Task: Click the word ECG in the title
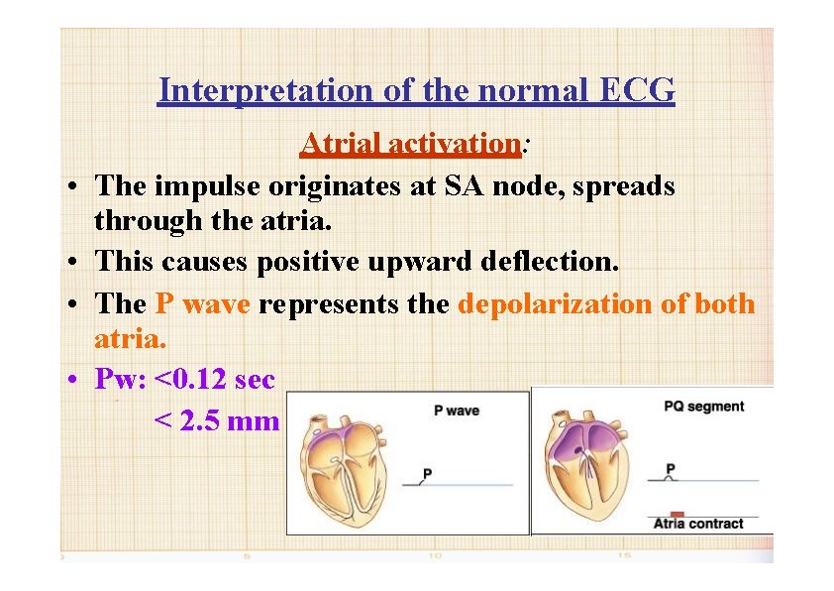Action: (638, 91)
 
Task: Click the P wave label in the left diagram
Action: (457, 411)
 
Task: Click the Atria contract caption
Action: (697, 524)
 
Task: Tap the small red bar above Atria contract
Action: (663, 513)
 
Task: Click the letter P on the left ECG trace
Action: (427, 473)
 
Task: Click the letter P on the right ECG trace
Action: (671, 468)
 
